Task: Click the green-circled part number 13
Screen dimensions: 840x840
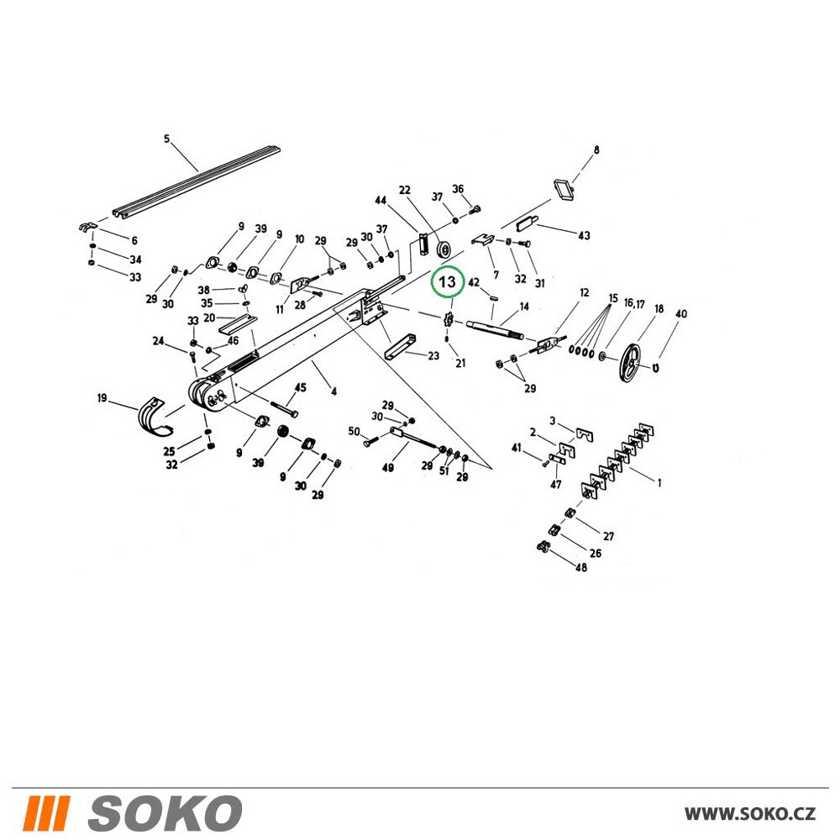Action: [x=447, y=281]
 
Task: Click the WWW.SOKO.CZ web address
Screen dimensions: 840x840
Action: [x=749, y=813]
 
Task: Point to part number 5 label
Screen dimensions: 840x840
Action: [x=166, y=139]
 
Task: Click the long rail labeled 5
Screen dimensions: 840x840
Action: [x=197, y=182]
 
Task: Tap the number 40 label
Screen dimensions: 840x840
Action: [x=680, y=313]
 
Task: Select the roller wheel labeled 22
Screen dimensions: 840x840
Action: [x=444, y=249]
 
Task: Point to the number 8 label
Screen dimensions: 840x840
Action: [x=596, y=150]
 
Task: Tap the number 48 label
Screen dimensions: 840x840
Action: [x=580, y=567]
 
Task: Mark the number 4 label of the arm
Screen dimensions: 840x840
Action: [x=333, y=391]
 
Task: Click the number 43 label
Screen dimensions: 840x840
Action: [x=584, y=235]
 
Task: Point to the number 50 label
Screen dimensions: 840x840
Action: [x=354, y=431]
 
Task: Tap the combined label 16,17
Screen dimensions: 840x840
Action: [x=633, y=304]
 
